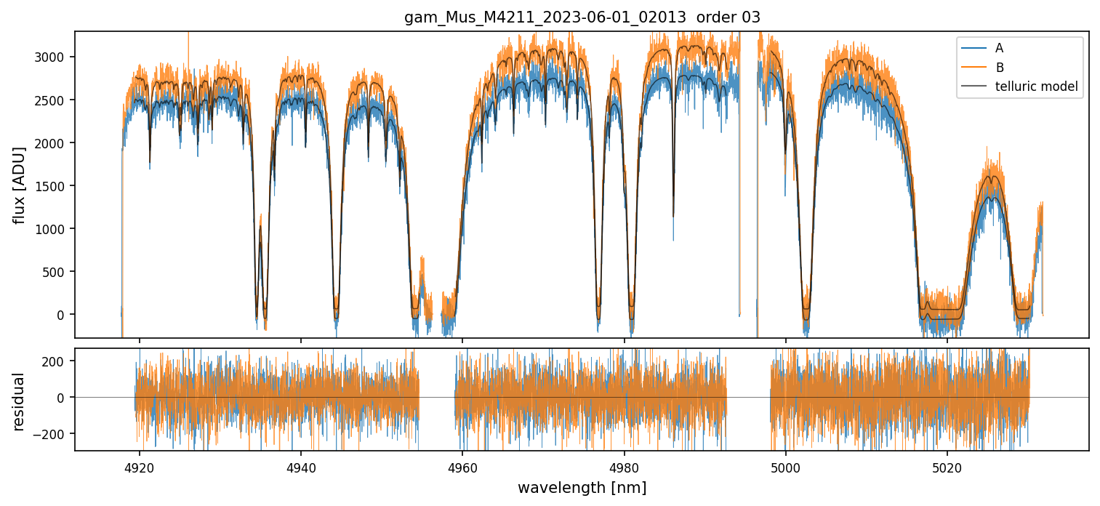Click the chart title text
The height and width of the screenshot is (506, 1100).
tap(582, 17)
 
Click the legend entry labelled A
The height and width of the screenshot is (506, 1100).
tap(999, 48)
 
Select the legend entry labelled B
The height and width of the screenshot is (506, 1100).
tap(1000, 68)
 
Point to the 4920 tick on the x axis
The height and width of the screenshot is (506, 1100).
tap(140, 467)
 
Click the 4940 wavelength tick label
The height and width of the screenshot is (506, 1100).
tap(301, 467)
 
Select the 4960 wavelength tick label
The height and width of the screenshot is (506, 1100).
tap(463, 467)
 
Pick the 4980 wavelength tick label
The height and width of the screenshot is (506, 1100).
tap(625, 467)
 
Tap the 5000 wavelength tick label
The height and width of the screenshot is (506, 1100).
tap(786, 467)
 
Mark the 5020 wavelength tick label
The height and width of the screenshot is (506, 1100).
tap(947, 467)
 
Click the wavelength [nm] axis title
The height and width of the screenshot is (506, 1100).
tap(582, 487)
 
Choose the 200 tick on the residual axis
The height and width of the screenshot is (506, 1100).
tap(57, 361)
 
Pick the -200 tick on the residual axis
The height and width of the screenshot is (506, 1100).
tap(53, 433)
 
